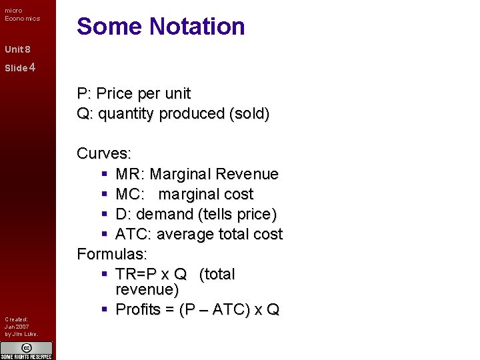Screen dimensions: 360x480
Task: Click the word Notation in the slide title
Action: pos(197,27)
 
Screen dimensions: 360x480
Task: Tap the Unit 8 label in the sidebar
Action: pos(17,49)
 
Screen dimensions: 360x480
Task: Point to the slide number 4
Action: pos(32,67)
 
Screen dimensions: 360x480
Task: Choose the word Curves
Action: pos(103,154)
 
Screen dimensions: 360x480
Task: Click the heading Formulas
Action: pos(112,254)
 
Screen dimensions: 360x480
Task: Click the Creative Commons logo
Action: pos(27,348)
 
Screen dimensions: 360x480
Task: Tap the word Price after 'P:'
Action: pos(115,94)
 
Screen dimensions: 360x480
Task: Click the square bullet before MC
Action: pos(105,195)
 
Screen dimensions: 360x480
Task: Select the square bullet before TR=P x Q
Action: pos(105,275)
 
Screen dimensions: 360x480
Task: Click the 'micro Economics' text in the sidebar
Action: pos(22,15)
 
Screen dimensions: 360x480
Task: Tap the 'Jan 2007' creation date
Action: pos(16,327)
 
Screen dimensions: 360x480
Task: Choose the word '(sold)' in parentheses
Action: pos(249,114)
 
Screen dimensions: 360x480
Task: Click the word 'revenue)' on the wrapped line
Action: pos(147,290)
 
